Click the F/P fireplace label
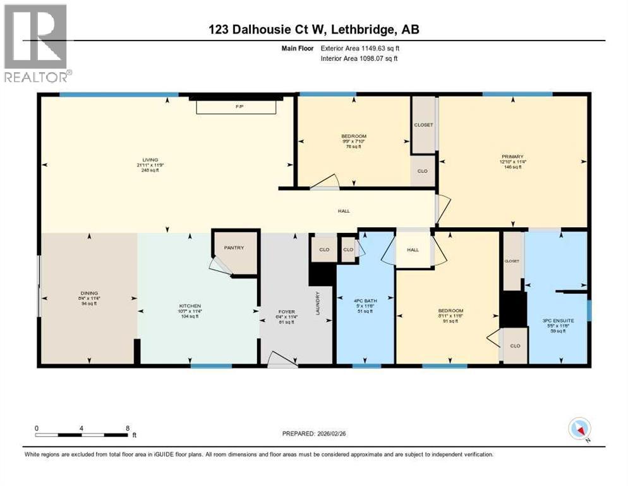[239, 107]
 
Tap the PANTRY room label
[234, 248]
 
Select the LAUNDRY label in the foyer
[318, 302]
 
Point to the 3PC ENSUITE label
[557, 321]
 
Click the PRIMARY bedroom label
[512, 156]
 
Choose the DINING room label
[88, 293]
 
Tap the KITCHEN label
[189, 306]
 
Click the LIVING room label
[150, 160]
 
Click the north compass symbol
[579, 430]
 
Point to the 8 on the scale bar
[128, 428]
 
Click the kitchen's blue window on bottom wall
[211, 366]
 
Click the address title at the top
[313, 29]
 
